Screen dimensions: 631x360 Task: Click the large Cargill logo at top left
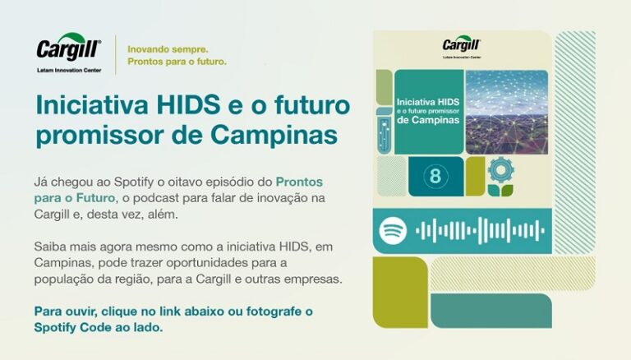pos(69,47)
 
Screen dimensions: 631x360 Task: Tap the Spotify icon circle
pos(393,231)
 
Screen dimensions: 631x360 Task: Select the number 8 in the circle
pos(435,176)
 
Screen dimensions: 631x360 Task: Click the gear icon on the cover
pos(501,170)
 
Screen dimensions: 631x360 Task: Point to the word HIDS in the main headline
pos(188,104)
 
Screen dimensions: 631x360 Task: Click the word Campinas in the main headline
pos(274,135)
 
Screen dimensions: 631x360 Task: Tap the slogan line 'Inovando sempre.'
pos(168,49)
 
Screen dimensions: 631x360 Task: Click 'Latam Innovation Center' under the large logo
pos(69,70)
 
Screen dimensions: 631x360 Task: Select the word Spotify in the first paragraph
pos(134,182)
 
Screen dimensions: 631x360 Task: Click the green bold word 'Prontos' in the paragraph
pos(299,182)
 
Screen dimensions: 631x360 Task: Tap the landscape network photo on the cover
pos(507,112)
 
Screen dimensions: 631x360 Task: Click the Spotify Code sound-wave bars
pos(480,231)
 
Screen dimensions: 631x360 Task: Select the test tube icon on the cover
pos(385,131)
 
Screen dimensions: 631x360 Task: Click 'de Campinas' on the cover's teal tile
pos(428,120)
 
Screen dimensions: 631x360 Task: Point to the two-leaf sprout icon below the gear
pos(500,191)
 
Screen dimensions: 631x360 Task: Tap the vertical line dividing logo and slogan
pos(116,55)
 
